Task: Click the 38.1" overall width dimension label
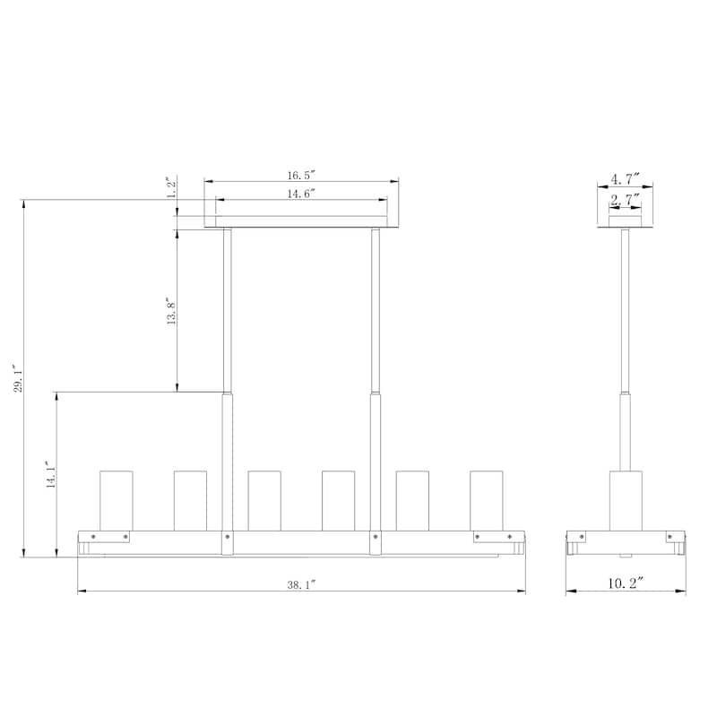[x=302, y=584]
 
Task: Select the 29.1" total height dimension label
[x=18, y=378]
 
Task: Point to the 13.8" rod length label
[x=171, y=311]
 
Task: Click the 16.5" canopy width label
[x=302, y=175]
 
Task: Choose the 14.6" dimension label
[x=302, y=194]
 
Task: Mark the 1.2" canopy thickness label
[x=171, y=187]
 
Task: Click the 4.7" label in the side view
[x=625, y=178]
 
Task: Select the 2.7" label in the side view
[x=625, y=200]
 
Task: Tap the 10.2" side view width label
[x=626, y=583]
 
